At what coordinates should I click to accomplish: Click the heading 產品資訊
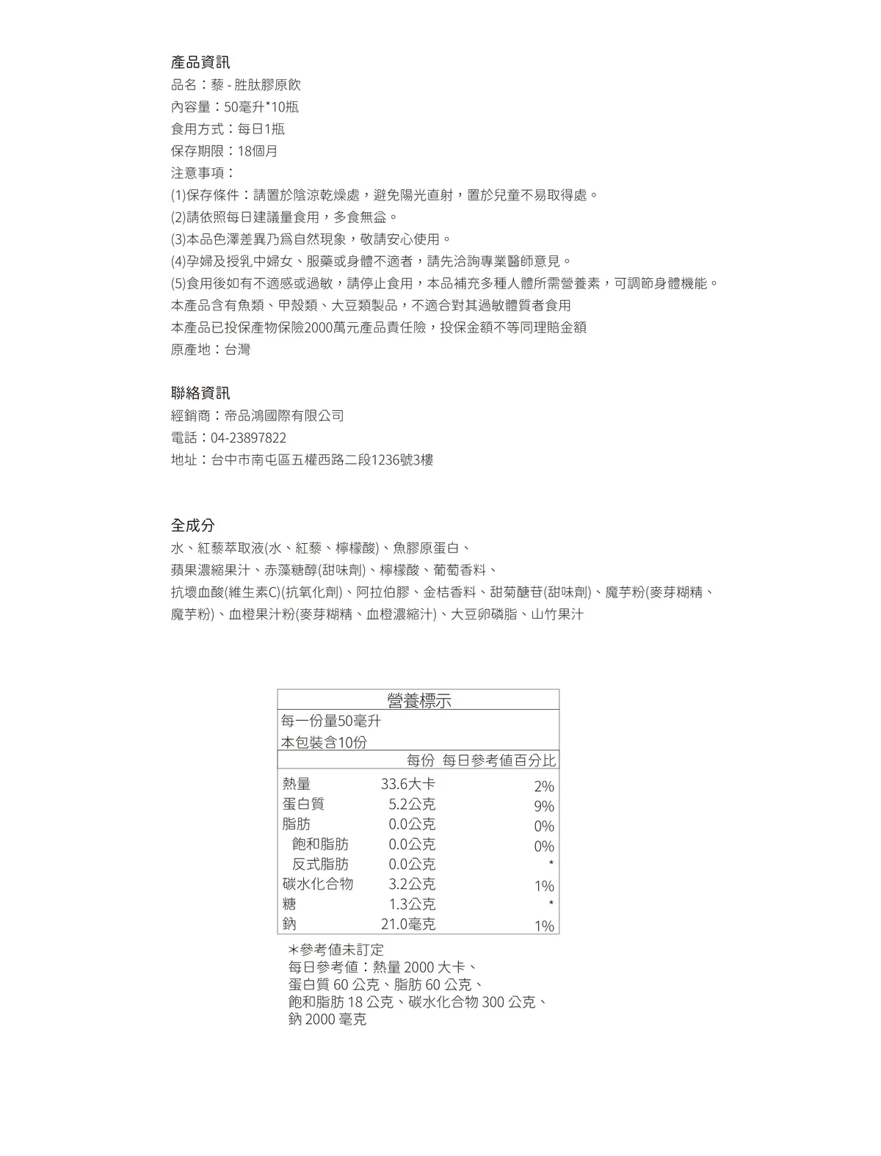click(x=200, y=62)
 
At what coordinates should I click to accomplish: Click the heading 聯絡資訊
click(x=200, y=393)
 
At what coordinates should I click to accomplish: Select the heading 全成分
click(x=192, y=526)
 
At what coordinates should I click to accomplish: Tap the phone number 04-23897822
click(x=248, y=438)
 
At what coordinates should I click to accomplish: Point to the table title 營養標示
click(x=418, y=701)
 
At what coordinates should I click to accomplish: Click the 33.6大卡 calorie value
click(x=407, y=784)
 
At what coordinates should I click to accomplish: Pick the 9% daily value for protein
click(x=544, y=807)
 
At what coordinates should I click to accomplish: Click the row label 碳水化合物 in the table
click(x=317, y=884)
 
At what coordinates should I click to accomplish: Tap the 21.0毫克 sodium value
click(x=407, y=924)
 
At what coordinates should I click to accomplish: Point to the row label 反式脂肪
click(x=320, y=864)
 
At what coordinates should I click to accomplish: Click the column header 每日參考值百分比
click(x=498, y=760)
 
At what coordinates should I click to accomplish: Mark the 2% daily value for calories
click(x=544, y=787)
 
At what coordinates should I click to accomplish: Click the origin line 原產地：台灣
click(x=210, y=349)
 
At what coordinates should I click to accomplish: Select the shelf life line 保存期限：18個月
click(x=224, y=151)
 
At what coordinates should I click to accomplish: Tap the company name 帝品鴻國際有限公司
click(x=284, y=415)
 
